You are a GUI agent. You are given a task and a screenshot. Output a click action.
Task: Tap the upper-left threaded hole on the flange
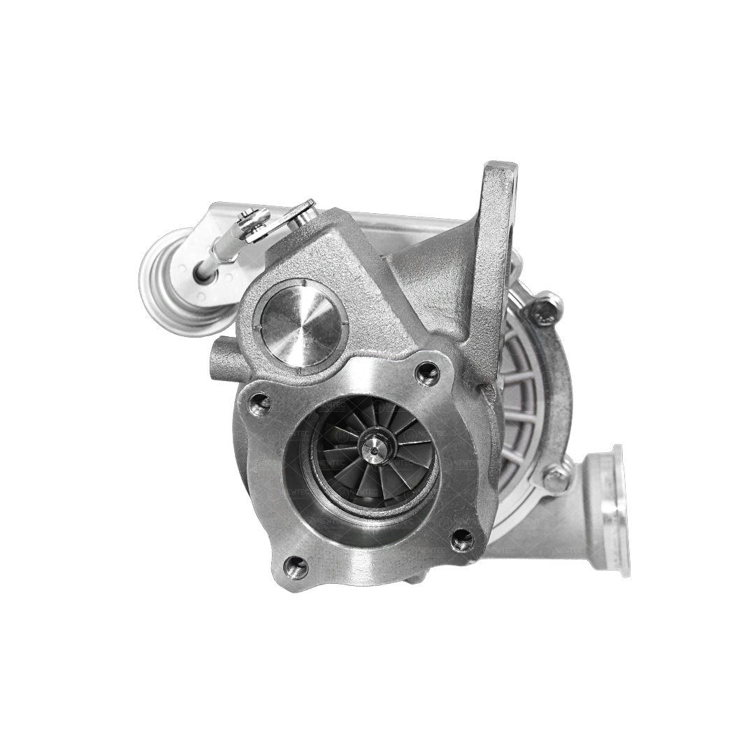point(260,403)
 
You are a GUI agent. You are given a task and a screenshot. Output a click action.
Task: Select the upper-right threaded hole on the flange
point(427,373)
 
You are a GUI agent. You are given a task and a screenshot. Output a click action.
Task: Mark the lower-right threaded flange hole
point(461,539)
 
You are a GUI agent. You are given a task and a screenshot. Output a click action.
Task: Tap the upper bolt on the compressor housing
point(545,308)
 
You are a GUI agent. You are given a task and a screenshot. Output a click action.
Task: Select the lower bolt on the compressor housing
point(556,477)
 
